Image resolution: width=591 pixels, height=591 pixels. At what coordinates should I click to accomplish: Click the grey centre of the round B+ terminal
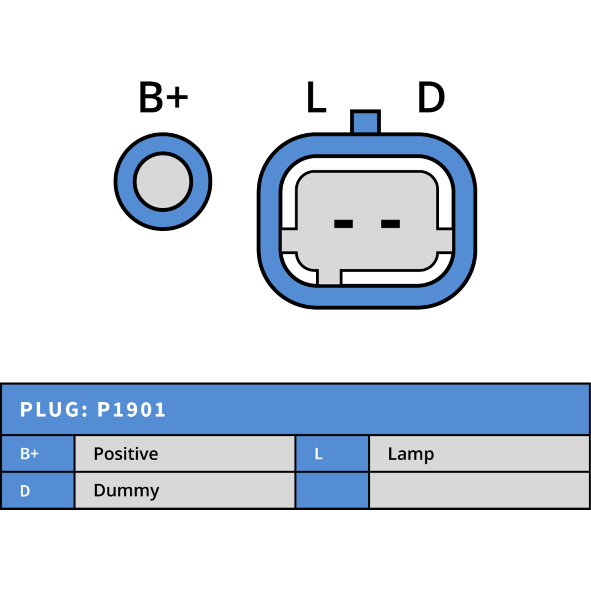click(x=163, y=182)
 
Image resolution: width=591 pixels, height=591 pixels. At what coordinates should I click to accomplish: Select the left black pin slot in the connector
click(x=343, y=224)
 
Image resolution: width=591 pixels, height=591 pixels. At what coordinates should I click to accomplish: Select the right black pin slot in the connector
click(x=390, y=224)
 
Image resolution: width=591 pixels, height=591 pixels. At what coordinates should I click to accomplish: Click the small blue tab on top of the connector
click(x=365, y=122)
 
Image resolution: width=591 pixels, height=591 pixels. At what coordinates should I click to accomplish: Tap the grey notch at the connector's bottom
click(x=329, y=277)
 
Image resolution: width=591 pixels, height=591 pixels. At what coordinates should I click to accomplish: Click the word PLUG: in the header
click(x=54, y=410)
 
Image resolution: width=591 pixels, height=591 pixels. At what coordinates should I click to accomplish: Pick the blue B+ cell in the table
click(x=38, y=454)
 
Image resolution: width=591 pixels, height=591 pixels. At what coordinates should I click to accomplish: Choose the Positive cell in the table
click(x=185, y=454)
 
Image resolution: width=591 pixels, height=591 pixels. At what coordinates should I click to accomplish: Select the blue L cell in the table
click(x=332, y=454)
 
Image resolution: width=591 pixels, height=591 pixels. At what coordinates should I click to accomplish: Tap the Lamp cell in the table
click(x=479, y=454)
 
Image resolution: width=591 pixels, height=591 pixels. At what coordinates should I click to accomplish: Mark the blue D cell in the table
click(x=38, y=491)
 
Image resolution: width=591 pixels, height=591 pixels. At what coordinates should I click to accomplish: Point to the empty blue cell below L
click(x=332, y=491)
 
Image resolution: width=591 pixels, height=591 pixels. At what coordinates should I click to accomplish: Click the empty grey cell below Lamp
click(x=479, y=491)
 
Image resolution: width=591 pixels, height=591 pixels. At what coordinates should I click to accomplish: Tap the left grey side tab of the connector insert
click(x=289, y=241)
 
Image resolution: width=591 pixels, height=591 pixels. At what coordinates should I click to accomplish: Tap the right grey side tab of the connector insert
click(x=445, y=241)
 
